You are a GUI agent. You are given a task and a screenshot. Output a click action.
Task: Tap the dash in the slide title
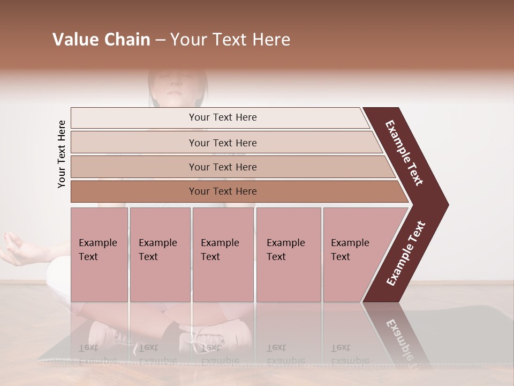point(160,40)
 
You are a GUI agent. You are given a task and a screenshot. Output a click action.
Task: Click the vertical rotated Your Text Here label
point(62,154)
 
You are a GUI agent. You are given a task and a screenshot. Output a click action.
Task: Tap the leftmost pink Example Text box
point(99,255)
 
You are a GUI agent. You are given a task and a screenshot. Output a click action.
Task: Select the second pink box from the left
point(160,255)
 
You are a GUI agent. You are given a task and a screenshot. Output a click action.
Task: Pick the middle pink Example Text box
point(223,255)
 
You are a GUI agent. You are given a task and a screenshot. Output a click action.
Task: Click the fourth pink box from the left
point(289,255)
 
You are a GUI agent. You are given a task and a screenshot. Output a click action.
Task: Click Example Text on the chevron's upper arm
point(405,153)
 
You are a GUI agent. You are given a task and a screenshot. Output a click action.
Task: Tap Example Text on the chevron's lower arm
point(406,254)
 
